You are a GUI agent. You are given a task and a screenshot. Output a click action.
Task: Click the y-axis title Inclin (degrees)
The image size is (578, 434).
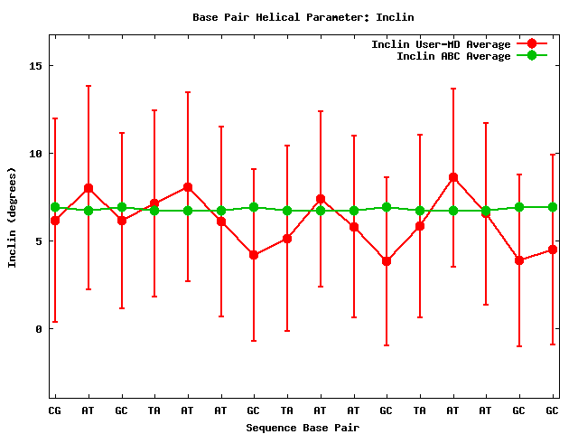[13, 216]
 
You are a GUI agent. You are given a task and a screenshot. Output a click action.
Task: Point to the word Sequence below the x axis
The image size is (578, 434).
[274, 427]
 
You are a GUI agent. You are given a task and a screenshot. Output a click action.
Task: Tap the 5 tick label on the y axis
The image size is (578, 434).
[40, 241]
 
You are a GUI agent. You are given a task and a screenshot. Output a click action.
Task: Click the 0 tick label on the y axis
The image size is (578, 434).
[40, 329]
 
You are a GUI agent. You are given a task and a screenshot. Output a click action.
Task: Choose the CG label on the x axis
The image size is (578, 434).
[55, 410]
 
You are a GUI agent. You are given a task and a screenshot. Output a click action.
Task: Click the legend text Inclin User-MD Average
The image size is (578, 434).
[441, 44]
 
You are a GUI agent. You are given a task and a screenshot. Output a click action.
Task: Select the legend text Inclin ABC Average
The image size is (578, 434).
[453, 56]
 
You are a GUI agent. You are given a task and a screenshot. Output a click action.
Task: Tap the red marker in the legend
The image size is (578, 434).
[532, 44]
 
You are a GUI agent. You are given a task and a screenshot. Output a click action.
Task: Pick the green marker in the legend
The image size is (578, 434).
[532, 56]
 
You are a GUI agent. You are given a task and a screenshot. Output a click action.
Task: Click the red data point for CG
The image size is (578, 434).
[55, 221]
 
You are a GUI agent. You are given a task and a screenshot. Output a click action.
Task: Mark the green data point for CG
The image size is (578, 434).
[55, 207]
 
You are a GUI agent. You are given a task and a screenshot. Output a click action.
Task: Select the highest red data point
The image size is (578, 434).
[453, 177]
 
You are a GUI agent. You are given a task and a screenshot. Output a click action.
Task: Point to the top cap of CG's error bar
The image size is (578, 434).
[55, 118]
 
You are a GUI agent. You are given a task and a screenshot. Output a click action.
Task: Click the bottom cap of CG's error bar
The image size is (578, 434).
[55, 321]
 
